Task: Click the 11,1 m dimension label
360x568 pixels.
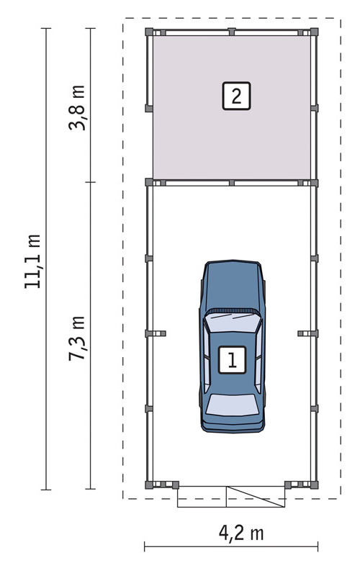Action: (32, 261)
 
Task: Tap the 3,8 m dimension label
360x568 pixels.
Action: (77, 107)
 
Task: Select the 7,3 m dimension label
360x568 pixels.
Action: (77, 338)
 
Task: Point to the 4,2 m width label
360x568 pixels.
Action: (241, 533)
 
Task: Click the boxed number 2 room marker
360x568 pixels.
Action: (236, 96)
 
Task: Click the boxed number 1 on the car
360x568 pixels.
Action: (232, 360)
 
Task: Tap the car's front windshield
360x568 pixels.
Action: (232, 323)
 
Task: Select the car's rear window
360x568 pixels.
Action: (232, 405)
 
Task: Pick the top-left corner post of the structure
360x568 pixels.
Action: (149, 32)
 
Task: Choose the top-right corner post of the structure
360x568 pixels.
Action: (315, 32)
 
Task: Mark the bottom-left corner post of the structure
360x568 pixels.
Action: (149, 485)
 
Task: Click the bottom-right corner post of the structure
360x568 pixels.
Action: (315, 485)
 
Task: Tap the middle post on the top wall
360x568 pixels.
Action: (232, 32)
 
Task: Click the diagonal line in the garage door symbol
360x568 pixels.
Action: (256, 497)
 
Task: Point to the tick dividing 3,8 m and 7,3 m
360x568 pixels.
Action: (90, 182)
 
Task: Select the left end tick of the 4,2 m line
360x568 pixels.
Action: (145, 546)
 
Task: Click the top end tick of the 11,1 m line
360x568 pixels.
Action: (46, 28)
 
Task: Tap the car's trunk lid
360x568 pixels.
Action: (232, 422)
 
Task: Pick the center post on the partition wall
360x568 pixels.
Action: (232, 183)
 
